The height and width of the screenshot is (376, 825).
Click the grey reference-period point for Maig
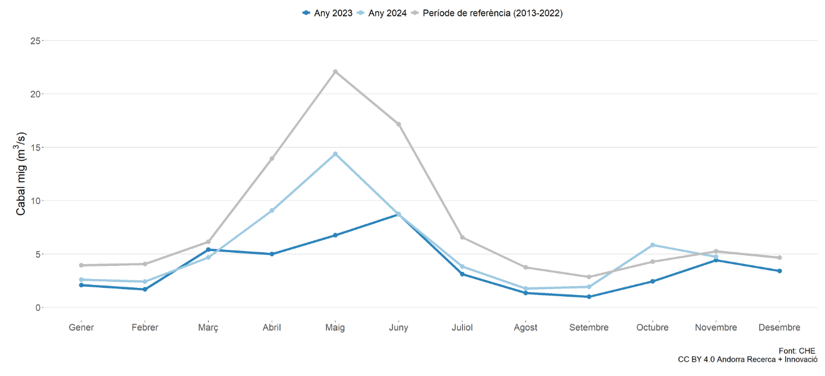tap(335, 72)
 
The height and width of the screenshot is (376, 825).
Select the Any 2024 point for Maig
tap(335, 154)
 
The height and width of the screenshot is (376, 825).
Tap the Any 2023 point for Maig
tap(335, 235)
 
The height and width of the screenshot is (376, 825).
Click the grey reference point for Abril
tap(272, 158)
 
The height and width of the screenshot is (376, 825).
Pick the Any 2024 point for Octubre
tap(653, 245)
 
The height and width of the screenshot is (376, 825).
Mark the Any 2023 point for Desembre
tap(779, 271)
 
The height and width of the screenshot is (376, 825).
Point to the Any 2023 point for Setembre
tap(589, 296)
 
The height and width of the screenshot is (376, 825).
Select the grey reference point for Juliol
tap(462, 237)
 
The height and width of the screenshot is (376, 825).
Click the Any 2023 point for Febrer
tap(145, 289)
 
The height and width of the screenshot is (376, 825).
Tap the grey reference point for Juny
tap(399, 124)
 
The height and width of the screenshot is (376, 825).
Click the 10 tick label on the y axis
tap(36, 200)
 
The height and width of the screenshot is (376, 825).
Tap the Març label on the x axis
tap(208, 327)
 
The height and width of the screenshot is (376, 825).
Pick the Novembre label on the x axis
tap(716, 327)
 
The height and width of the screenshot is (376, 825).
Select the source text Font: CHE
tap(798, 351)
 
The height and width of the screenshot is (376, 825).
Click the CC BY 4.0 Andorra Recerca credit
tap(748, 360)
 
